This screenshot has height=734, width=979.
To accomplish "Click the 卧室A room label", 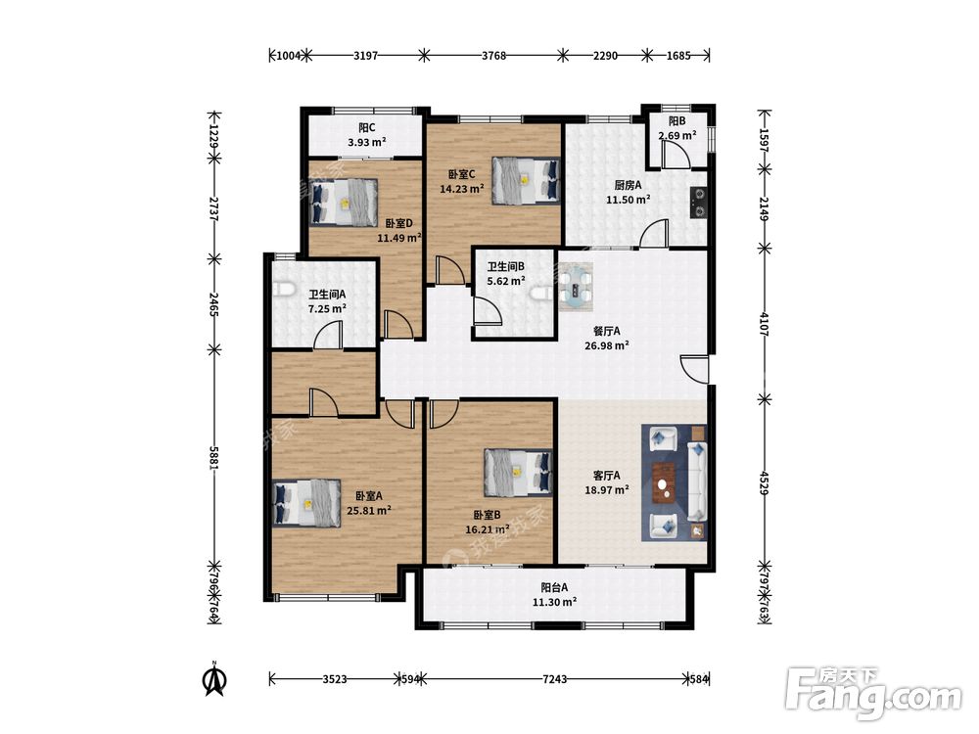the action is coord(369,496).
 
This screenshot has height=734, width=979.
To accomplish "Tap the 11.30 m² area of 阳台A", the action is coord(554,602).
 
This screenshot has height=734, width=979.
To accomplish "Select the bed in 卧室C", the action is coord(526,180).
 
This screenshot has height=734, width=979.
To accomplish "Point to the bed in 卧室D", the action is coord(344,203).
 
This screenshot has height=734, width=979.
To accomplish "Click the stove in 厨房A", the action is coord(699,203).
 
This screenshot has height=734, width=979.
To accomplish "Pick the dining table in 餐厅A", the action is coord(575,287).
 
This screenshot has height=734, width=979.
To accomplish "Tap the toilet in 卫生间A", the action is coord(284,291).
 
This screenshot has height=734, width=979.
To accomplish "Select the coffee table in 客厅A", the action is coord(666,482).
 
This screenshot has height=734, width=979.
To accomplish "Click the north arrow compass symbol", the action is coord(215,678).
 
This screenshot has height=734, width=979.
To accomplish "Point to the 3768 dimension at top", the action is coord(493,56).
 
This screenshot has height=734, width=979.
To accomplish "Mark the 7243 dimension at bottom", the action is coord(554,679).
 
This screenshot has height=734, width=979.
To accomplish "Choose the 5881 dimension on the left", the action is coord(214,458).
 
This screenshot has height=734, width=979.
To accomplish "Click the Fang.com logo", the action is coord(874,694).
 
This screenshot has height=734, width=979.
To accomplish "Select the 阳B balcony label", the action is coord(677,121).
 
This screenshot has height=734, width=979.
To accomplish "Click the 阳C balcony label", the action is coord(367,128).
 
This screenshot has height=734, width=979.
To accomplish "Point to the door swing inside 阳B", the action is coord(675,154).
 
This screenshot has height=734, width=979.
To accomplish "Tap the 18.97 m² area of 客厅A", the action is coord(607,490).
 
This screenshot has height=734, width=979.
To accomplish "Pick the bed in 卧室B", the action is coord(519,473).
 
